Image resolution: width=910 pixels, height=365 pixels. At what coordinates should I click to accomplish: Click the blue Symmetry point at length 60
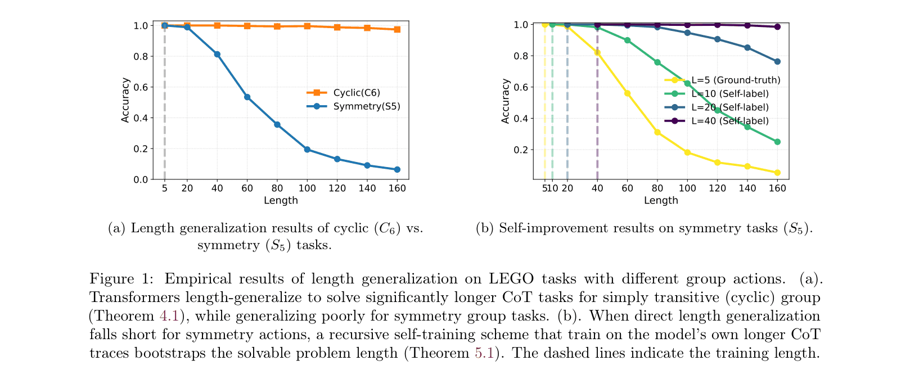(x=247, y=97)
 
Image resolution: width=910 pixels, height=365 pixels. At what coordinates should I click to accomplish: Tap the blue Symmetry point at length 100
(x=307, y=150)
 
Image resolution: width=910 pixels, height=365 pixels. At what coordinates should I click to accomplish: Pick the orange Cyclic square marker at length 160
(x=397, y=29)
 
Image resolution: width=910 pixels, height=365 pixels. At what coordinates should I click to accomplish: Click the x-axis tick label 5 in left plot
(x=164, y=188)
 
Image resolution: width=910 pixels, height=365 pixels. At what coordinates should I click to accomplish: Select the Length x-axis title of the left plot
(x=281, y=200)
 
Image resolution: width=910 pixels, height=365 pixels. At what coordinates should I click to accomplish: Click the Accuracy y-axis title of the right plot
(x=505, y=101)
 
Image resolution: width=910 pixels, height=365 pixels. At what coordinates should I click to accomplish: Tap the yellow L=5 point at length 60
(x=627, y=93)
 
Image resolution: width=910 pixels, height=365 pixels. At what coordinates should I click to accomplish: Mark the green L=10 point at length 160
(x=777, y=142)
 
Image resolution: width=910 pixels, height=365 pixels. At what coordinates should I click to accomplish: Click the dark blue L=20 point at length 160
(x=777, y=61)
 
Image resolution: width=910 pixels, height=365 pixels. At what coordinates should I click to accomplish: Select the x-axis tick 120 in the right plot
(x=717, y=188)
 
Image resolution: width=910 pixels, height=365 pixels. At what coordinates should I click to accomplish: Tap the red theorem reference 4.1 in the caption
(x=169, y=316)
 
